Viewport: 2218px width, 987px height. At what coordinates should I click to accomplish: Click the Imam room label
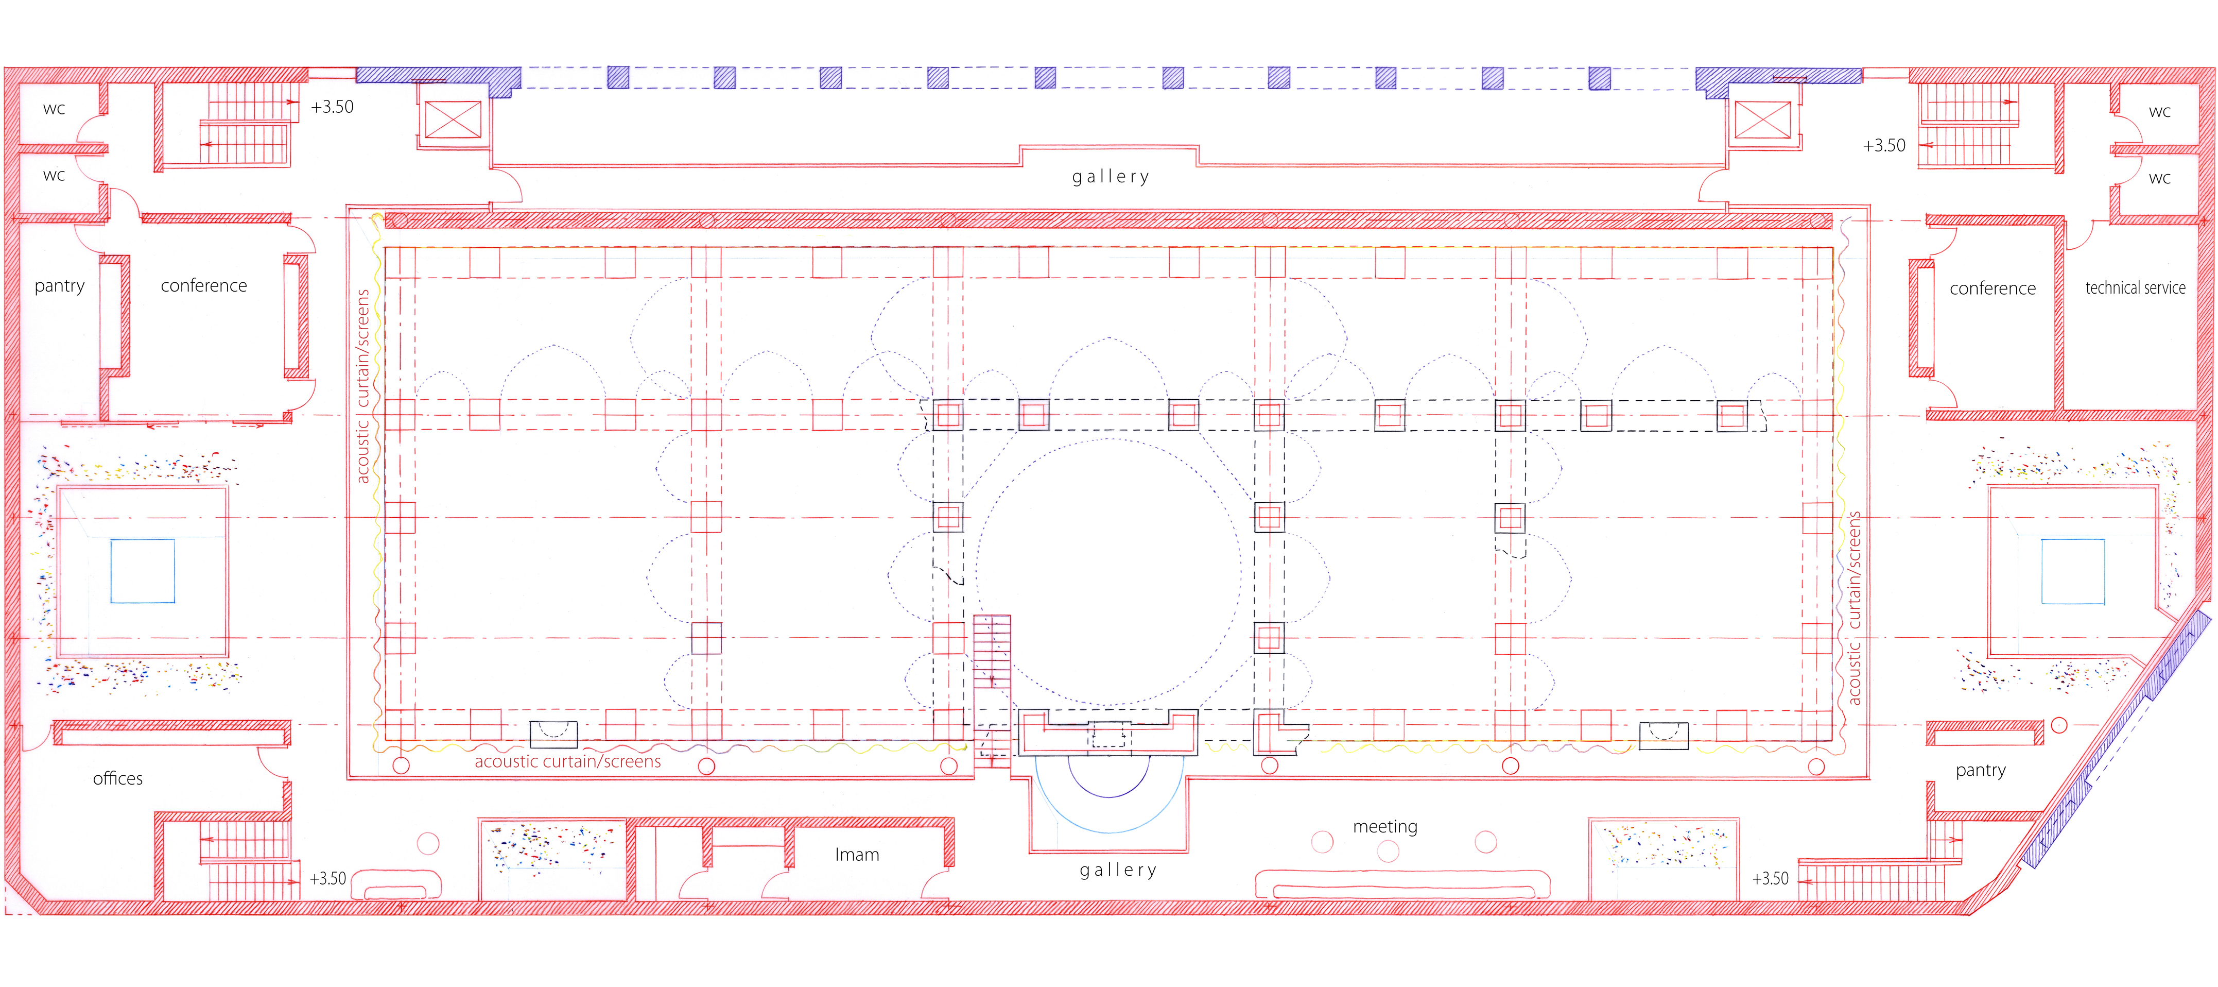pos(857,855)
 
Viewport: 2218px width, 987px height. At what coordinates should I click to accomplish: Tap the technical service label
pos(2135,287)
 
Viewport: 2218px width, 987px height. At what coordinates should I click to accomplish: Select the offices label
pos(118,778)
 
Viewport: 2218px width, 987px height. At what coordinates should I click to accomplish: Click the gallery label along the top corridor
pos(1111,177)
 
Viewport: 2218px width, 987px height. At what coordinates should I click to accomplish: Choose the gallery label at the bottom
pos(1118,871)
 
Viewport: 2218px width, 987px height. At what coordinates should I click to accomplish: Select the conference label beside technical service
pos(1992,288)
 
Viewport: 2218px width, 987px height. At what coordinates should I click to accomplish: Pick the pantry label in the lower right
pos(1980,771)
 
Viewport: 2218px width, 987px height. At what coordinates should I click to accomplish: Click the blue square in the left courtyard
pos(143,571)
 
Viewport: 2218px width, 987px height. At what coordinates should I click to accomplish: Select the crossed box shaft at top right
pos(1762,119)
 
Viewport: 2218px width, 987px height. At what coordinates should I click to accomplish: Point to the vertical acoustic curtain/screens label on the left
pos(362,386)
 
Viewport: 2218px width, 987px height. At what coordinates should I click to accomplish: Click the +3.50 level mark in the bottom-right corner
pos(1770,878)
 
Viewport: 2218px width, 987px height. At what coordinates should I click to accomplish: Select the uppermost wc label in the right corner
pos(2159,112)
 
